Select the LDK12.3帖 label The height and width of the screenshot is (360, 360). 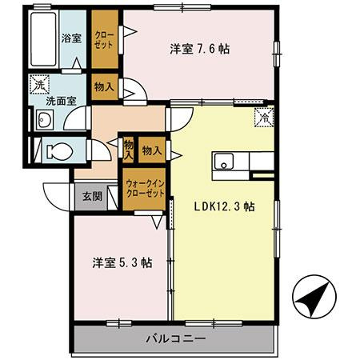click(225, 206)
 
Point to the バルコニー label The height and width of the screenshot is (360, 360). click(176, 338)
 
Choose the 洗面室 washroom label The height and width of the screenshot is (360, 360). click(60, 102)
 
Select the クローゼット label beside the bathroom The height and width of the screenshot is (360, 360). click(103, 41)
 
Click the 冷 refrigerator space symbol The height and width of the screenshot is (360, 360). click(264, 118)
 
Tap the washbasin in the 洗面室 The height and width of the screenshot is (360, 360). click(45, 121)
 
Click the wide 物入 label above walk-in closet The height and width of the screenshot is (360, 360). click(152, 150)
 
